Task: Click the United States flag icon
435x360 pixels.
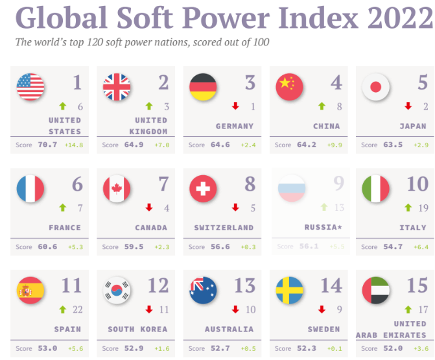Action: (x=30, y=88)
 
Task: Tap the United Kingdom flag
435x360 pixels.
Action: (x=117, y=88)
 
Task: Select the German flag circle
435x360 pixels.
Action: (x=204, y=88)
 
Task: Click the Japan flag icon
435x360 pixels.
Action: (x=375, y=88)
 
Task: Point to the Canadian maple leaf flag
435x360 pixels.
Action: (x=117, y=189)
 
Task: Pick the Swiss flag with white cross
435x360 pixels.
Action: (x=204, y=189)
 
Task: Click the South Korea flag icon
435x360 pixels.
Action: (x=117, y=290)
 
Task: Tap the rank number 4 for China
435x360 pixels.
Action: (x=336, y=83)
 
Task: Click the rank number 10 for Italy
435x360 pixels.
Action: (x=417, y=184)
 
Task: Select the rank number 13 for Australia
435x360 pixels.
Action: (x=245, y=285)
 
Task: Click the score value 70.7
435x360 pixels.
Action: (x=47, y=145)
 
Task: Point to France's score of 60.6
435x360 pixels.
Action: (x=47, y=246)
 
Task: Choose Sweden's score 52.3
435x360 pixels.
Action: (x=306, y=348)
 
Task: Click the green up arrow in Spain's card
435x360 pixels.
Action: (x=63, y=309)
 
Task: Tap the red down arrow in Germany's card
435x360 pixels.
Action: (x=235, y=106)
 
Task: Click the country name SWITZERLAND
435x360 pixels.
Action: (x=224, y=228)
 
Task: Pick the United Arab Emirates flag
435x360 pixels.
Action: (x=375, y=290)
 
